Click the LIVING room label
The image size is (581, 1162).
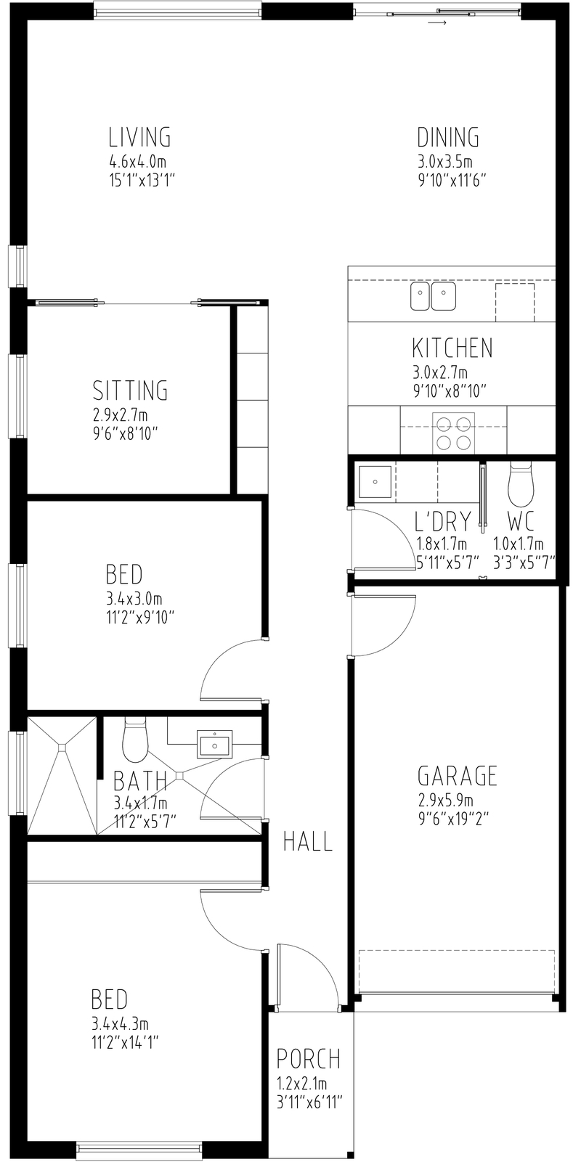pyautogui.click(x=139, y=137)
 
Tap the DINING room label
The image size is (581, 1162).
pyautogui.click(x=448, y=137)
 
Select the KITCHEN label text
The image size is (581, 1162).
pyautogui.click(x=452, y=348)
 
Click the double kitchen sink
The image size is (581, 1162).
pyautogui.click(x=433, y=296)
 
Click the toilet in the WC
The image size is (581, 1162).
pyautogui.click(x=521, y=484)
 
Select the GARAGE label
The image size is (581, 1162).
pyautogui.click(x=458, y=776)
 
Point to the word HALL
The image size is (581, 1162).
pyautogui.click(x=308, y=841)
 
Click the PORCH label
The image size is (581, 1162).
pyautogui.click(x=309, y=1059)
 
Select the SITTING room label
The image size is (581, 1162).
pyautogui.click(x=130, y=390)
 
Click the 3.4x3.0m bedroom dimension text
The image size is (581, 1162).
pyautogui.click(x=134, y=600)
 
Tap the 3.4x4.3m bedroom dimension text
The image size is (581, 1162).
pyautogui.click(x=121, y=1025)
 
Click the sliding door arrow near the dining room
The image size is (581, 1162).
pyautogui.click(x=437, y=22)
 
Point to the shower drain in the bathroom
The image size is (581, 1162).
pyautogui.click(x=62, y=747)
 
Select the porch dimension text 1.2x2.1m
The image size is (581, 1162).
pyautogui.click(x=301, y=1084)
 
